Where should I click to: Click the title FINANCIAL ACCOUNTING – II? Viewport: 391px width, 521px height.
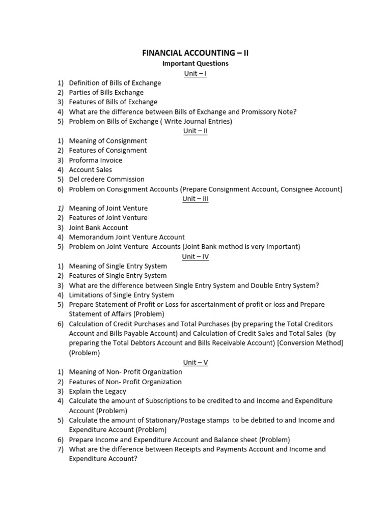195,53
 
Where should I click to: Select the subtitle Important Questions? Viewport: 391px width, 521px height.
195,64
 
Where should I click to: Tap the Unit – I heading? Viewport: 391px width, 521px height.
195,73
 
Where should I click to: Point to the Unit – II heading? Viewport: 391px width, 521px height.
195,131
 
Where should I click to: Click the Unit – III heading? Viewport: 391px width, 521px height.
195,198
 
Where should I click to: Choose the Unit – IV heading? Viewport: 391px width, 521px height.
195,256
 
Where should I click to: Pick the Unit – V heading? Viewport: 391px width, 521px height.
195,362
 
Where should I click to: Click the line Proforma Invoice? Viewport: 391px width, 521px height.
96,160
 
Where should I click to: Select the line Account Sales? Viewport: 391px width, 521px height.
91,170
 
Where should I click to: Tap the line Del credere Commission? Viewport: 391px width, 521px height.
107,179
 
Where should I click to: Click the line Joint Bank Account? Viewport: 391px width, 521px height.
99,227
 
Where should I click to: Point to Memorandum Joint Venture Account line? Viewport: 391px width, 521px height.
127,237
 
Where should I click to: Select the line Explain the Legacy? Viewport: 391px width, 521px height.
98,391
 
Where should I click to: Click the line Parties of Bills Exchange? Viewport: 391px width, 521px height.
106,93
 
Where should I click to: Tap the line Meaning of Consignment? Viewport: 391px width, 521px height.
108,141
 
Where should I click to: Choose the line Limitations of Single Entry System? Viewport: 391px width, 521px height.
122,295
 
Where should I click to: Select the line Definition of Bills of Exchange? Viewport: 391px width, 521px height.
115,83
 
